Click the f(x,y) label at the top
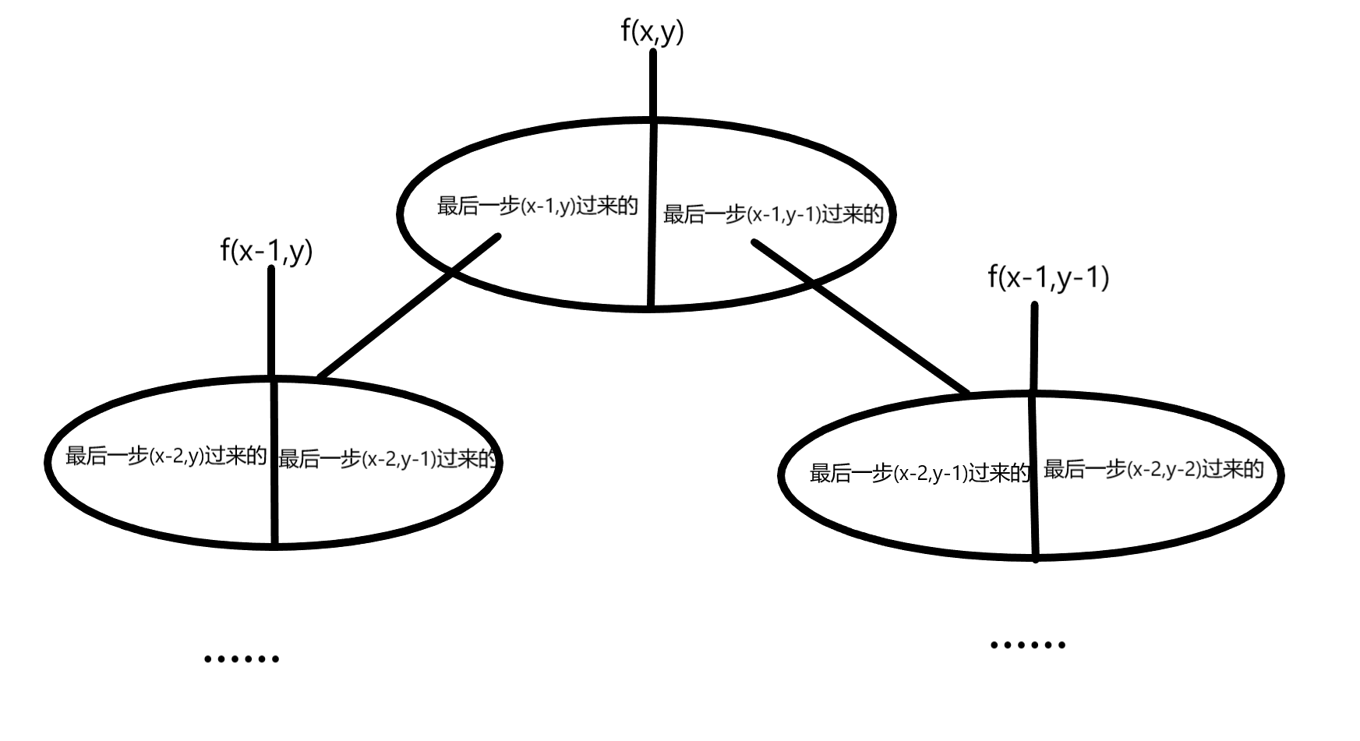coord(652,33)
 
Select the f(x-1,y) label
coord(267,251)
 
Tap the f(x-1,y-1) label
coord(1048,277)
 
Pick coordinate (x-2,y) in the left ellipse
coord(177,457)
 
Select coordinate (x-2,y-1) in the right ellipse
coord(931,473)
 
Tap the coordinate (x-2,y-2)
coord(1164,470)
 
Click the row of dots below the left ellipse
coord(242,659)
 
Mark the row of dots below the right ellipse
coord(1027,645)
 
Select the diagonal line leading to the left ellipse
coord(409,306)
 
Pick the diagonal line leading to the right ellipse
coord(861,316)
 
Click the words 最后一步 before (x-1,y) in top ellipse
coord(479,206)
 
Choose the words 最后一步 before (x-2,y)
coord(107,457)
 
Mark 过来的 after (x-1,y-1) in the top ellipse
coord(853,214)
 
